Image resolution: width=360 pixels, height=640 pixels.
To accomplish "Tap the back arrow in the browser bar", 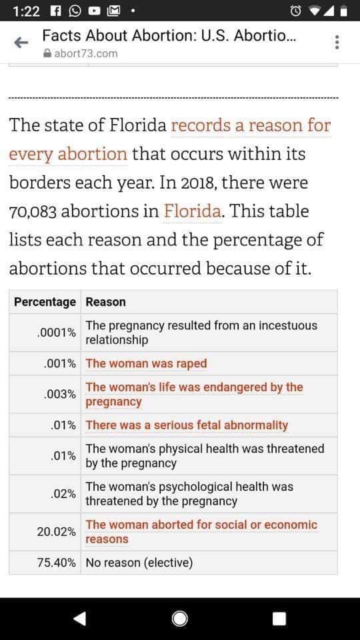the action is (21, 43).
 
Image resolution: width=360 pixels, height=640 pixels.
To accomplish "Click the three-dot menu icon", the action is (337, 42).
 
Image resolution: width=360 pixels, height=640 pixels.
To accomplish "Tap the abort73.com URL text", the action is (86, 53).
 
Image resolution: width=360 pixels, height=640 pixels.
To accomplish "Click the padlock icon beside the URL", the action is (47, 53).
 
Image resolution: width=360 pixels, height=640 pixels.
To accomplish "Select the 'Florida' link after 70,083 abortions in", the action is (193, 211).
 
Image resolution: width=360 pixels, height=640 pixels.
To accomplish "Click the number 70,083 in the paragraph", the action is (33, 212).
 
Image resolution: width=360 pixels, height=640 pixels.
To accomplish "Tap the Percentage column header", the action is (45, 302).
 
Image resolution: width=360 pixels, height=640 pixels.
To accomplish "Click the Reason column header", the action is (106, 302).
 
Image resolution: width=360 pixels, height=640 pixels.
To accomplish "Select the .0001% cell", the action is (56, 333).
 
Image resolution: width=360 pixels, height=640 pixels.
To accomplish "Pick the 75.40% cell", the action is (56, 563).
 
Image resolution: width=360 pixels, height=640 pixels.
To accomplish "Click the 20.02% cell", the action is (56, 532).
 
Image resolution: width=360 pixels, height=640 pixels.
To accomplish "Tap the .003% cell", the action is (59, 394).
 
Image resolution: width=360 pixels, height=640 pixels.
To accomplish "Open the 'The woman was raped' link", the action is (146, 363).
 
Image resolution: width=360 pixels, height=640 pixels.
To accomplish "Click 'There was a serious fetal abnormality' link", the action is (187, 425).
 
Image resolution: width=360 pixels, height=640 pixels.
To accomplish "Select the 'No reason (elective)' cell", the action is (139, 563).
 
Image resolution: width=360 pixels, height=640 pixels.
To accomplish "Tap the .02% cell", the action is (63, 494).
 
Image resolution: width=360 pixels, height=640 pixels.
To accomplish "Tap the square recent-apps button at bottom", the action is (279, 619).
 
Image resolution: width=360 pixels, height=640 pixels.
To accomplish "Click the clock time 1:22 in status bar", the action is (27, 11).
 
